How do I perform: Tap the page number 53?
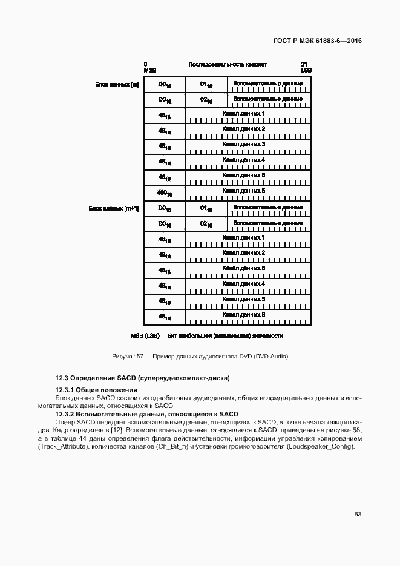(358, 514)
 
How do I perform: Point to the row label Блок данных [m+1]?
(114, 208)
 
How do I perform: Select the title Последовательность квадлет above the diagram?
(228, 64)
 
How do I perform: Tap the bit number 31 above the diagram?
(304, 64)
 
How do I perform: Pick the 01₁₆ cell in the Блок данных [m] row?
(206, 85)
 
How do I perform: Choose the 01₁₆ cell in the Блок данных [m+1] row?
(206, 209)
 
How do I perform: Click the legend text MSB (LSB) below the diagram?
(145, 335)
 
